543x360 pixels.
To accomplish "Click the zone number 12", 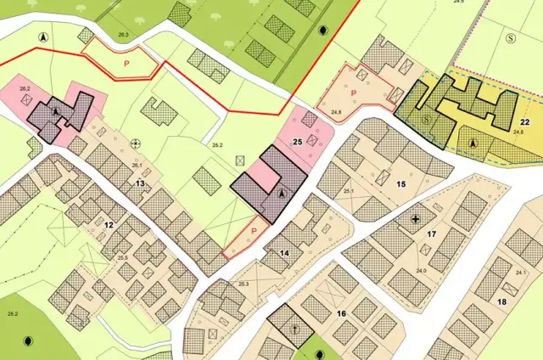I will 109,224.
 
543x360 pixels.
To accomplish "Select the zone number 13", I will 140,183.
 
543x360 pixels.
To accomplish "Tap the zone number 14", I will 285,252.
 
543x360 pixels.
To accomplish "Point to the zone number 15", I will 401,183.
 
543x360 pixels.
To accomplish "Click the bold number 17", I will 431,233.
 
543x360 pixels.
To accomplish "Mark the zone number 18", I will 501,302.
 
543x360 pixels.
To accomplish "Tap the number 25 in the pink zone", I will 297,142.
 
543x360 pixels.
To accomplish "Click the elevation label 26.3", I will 123,35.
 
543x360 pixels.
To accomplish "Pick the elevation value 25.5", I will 122,256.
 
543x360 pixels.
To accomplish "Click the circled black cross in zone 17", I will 415,219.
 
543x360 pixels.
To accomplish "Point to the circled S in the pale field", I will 511,38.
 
